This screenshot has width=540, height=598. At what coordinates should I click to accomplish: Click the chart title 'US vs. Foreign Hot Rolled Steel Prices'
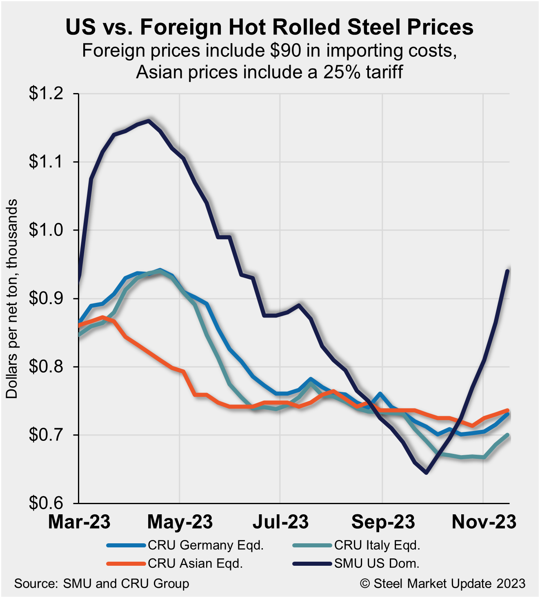pyautogui.click(x=269, y=27)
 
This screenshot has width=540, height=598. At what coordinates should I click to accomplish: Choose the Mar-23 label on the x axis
pyautogui.click(x=79, y=522)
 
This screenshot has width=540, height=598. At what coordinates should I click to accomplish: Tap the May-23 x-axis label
pyautogui.click(x=180, y=522)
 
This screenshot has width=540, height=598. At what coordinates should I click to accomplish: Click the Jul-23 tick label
pyautogui.click(x=281, y=522)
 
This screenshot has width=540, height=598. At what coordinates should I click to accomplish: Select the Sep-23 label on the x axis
pyautogui.click(x=383, y=522)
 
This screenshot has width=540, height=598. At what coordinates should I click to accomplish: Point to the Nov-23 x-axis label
pyautogui.click(x=484, y=522)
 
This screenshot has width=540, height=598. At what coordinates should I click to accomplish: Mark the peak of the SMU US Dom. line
pyautogui.click(x=149, y=120)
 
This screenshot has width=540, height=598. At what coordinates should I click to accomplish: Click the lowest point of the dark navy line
pyautogui.click(x=427, y=473)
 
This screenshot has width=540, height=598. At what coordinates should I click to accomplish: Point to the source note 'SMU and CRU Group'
pyautogui.click(x=126, y=584)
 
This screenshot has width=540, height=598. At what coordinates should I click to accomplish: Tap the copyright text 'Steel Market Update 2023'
pyautogui.click(x=449, y=584)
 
